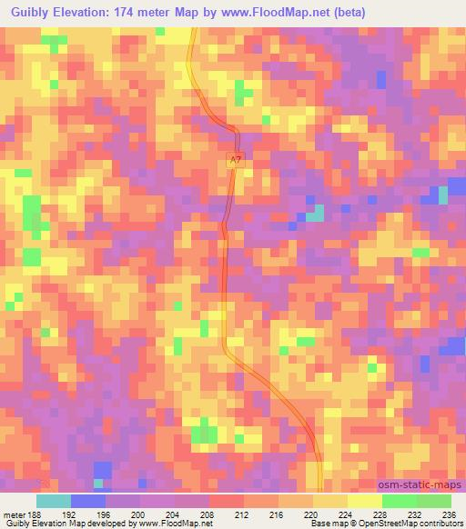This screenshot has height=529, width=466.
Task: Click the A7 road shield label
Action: [x=235, y=159]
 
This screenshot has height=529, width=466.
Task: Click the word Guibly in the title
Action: [x=26, y=12]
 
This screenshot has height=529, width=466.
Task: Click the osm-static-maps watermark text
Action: [x=420, y=484]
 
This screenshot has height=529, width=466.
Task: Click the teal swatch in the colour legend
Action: [x=54, y=500]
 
